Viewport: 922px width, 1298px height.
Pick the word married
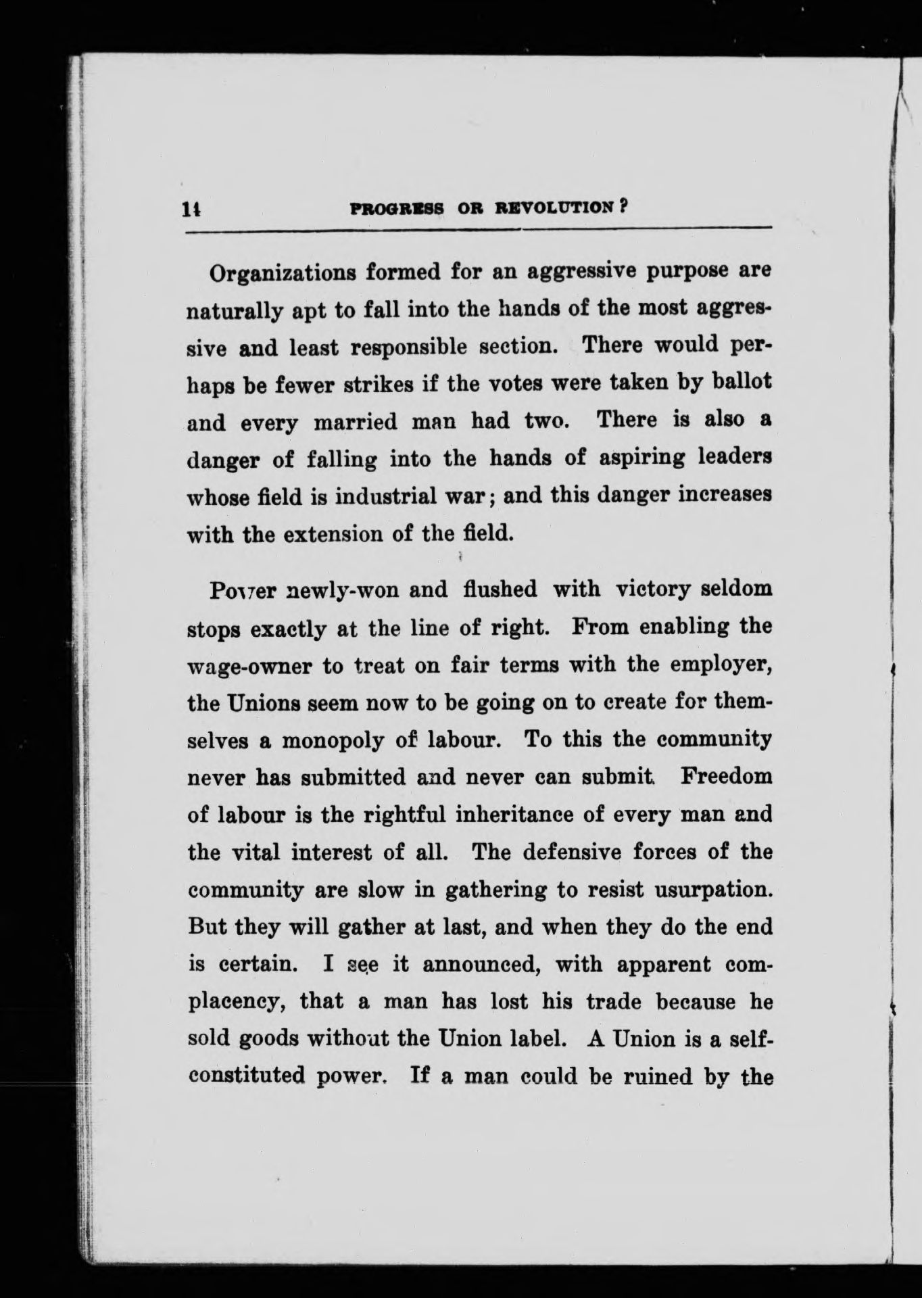click(356, 422)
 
